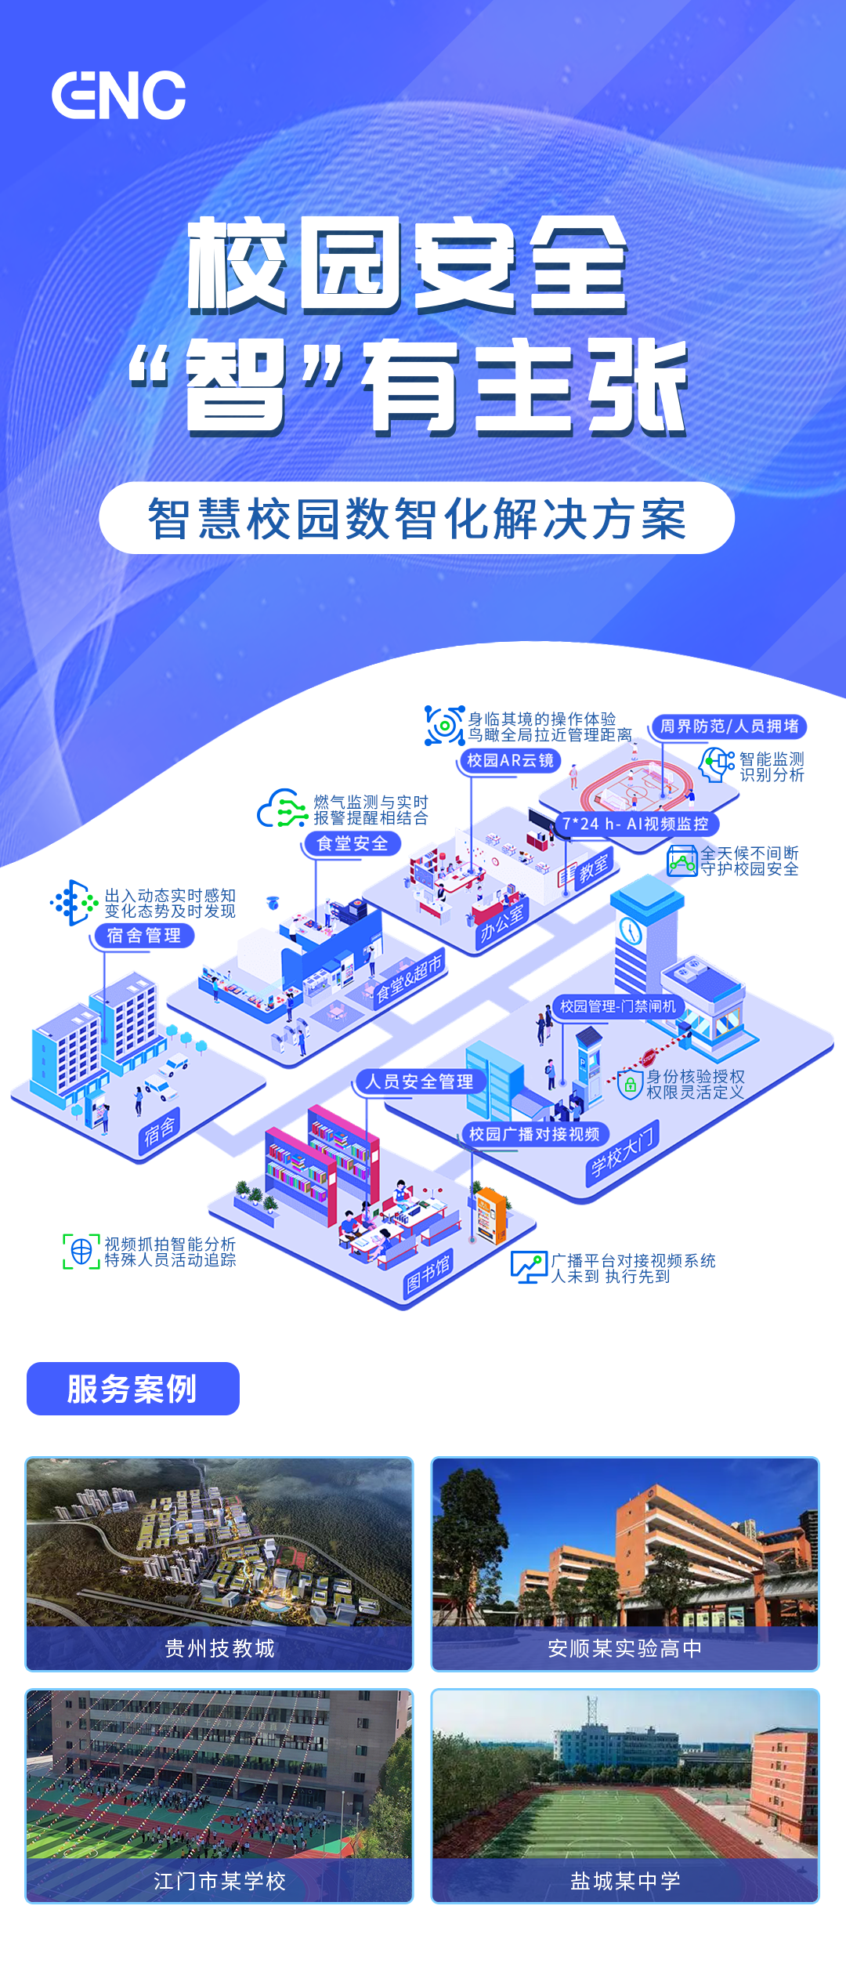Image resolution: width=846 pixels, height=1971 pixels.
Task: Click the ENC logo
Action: (119, 96)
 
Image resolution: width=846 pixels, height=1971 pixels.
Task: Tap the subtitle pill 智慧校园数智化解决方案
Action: (417, 518)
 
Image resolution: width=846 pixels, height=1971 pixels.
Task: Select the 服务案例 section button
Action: (132, 1389)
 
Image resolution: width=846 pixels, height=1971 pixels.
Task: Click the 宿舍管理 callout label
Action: (143, 936)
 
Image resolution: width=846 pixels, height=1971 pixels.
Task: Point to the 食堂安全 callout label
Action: (352, 843)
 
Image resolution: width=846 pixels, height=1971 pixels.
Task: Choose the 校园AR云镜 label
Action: (510, 760)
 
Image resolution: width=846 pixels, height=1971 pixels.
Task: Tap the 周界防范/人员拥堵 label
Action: (729, 726)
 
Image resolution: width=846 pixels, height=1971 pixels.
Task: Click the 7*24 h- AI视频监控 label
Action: (635, 824)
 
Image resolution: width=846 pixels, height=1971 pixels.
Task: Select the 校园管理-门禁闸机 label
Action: (618, 1005)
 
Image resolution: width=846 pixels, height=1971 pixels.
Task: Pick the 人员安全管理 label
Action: (420, 1082)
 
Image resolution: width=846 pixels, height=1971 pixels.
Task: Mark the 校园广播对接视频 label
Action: (534, 1134)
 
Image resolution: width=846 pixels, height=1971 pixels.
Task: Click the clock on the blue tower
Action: (631, 931)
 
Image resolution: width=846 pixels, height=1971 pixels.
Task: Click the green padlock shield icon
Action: (630, 1085)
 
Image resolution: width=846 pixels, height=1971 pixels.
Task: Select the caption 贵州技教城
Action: (219, 1648)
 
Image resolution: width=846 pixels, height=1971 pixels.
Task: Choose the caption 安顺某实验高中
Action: (625, 1648)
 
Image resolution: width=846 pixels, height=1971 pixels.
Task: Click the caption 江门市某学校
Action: (219, 1881)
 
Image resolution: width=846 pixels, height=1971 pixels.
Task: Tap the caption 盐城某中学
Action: (625, 1881)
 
